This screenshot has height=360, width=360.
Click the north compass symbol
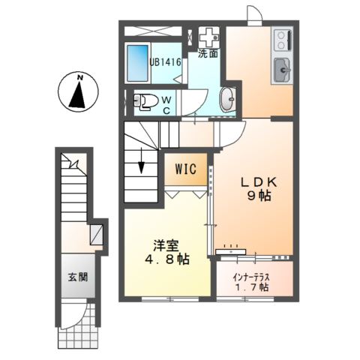pos(78,92)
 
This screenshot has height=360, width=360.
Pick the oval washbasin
pos(226,99)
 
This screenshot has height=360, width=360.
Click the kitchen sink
pos(283,71)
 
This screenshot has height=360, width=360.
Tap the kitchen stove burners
pos(283,38)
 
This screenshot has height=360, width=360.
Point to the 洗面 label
pos(207,54)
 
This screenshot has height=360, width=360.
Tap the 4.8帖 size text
pos(167,259)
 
